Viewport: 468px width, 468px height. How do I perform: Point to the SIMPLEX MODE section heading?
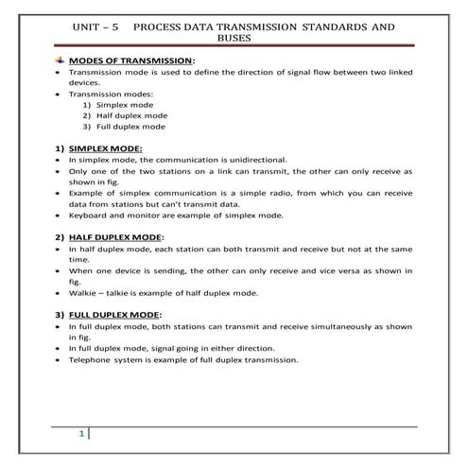[106, 148]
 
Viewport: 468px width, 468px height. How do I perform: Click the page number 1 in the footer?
[82, 434]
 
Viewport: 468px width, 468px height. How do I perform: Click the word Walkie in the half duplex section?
[82, 292]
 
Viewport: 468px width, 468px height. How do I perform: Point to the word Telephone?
[92, 359]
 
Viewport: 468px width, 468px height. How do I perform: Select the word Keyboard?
[90, 217]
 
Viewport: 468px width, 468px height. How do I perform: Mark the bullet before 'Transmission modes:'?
[58, 94]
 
